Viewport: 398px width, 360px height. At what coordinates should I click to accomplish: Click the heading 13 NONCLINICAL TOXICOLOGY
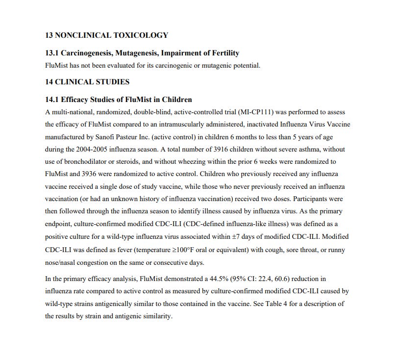[x=106, y=35]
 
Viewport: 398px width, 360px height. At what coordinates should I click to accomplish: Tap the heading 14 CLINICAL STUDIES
[x=87, y=82]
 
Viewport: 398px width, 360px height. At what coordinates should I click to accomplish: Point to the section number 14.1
[x=52, y=100]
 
